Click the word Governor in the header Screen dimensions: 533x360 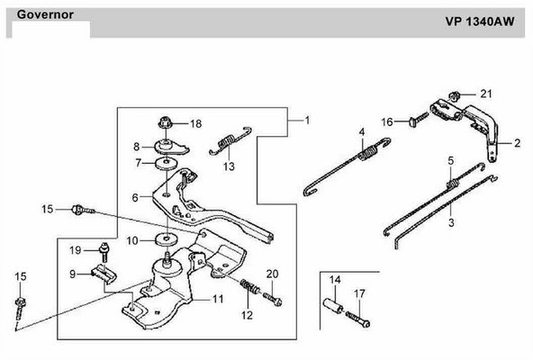coord(45,14)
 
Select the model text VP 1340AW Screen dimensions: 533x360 coord(480,22)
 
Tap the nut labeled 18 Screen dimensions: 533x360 coord(165,122)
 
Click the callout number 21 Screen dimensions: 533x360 coord(486,94)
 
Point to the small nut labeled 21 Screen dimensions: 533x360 coord(454,96)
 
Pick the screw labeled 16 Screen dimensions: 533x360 coord(419,120)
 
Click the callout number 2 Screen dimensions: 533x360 coord(518,143)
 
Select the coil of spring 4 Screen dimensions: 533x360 coord(368,152)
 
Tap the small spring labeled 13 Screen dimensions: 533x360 coord(230,141)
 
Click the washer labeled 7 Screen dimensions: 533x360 coord(167,164)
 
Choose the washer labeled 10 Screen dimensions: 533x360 coord(167,239)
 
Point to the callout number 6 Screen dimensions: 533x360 coord(135,197)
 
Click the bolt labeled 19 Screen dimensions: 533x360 coord(104,251)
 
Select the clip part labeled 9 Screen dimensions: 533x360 coord(104,274)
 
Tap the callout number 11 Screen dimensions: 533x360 coord(218,299)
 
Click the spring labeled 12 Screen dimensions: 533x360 coord(250,287)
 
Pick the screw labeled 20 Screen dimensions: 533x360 coord(273,299)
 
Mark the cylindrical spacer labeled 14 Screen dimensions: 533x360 coord(333,306)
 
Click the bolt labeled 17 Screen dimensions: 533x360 coord(357,319)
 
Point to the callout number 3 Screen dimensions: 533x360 coord(451,223)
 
